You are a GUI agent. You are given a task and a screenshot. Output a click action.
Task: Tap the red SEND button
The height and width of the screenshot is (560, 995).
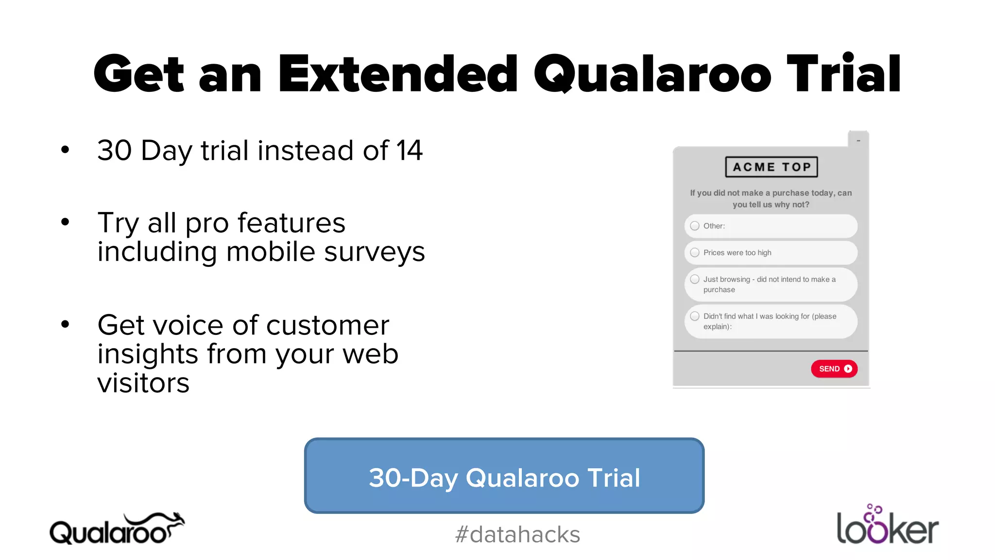point(834,368)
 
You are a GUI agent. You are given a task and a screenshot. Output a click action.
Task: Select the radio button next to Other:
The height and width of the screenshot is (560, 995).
point(695,226)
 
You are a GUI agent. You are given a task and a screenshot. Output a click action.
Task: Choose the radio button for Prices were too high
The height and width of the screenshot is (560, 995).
point(695,253)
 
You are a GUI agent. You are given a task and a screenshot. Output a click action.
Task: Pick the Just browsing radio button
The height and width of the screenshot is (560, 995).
point(695,280)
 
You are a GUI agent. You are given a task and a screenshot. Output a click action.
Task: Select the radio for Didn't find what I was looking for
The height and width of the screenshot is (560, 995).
point(695,316)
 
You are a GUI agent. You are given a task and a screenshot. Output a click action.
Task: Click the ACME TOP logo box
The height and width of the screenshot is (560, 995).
point(771,167)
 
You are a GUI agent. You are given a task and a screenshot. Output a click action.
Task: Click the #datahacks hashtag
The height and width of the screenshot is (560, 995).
point(517,535)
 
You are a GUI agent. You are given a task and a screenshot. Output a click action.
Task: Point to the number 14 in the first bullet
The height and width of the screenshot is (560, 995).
point(409,150)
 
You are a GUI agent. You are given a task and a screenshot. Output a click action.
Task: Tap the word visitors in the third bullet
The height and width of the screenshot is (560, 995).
point(143,383)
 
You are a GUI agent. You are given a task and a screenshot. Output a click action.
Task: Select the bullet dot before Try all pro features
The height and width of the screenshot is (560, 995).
point(65,223)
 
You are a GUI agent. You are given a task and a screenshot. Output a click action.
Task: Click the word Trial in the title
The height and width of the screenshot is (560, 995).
point(843,74)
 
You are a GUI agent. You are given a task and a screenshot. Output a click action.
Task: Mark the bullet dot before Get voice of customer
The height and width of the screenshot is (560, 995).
point(65,325)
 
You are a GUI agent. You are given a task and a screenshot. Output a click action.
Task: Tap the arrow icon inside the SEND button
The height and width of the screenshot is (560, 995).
point(848,368)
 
